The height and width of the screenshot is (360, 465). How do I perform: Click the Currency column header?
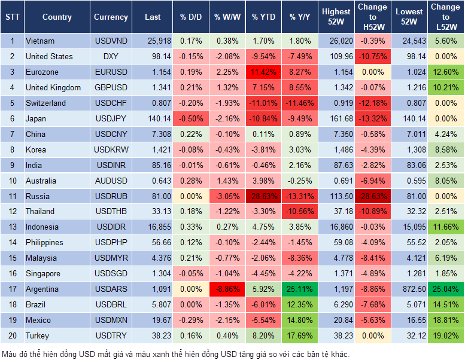pos(111,17)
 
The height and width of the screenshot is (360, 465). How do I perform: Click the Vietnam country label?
pos(39,41)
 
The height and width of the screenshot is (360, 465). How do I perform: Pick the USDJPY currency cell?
pos(111,118)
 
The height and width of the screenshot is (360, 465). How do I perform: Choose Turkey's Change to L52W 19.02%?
pos(446,335)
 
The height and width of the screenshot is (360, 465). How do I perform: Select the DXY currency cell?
pos(111,56)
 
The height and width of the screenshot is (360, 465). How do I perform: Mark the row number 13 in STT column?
pos(11,227)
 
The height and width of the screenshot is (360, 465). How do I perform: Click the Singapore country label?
pos(42,273)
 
